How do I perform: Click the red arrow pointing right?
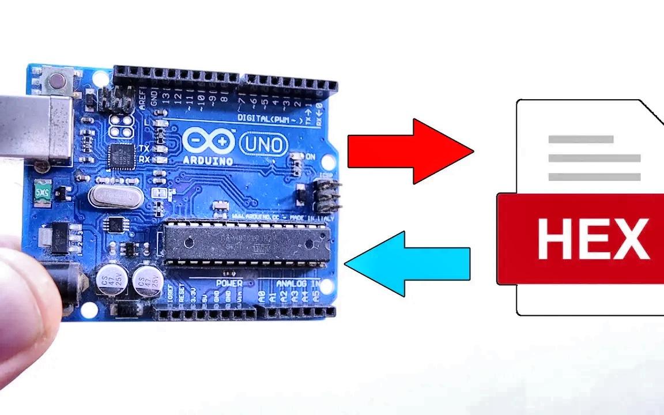coord(409,152)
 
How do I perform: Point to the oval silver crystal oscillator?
coord(116,196)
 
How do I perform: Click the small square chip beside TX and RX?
coord(122,156)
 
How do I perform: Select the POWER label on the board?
coord(229,284)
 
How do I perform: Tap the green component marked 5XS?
coord(41,193)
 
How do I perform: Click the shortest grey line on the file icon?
coord(580,139)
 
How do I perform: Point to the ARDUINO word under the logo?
coord(208,160)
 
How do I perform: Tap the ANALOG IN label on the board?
coord(297,284)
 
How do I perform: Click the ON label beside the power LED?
coord(310,157)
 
